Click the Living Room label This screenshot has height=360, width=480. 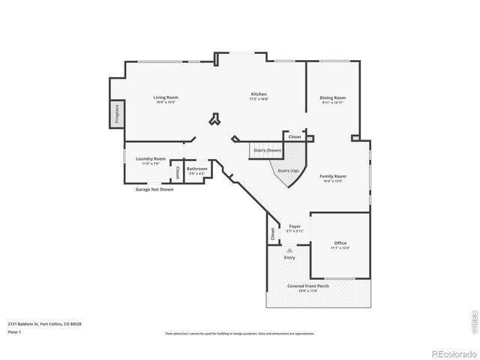(x=166, y=97)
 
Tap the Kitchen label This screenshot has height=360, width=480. (x=259, y=94)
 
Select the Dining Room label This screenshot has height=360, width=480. (x=332, y=97)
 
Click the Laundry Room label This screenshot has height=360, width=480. (x=151, y=159)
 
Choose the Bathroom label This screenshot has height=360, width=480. (x=197, y=169)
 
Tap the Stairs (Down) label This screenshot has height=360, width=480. (x=268, y=151)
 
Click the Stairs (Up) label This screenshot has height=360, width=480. (x=289, y=171)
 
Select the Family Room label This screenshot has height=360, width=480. (x=331, y=176)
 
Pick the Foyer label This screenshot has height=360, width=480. (x=295, y=226)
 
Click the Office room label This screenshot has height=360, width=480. (x=340, y=243)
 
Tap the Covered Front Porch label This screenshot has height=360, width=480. (x=318, y=286)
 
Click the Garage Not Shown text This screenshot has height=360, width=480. (x=154, y=190)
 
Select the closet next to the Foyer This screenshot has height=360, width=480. (x=272, y=234)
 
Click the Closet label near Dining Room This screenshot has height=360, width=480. (x=295, y=137)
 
